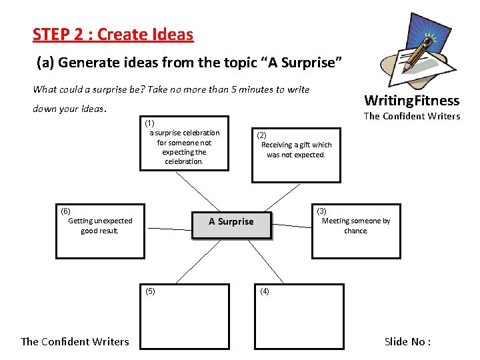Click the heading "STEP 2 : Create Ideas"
113,34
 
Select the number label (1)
149,123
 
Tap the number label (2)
262,135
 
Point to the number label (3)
321,211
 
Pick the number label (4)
265,291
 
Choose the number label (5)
150,291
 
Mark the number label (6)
65,211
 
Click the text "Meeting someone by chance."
356,226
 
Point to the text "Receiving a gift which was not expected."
296,150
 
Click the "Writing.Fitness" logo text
411,101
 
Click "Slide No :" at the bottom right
407,341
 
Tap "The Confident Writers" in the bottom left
75,341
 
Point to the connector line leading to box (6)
169,227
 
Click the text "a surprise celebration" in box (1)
184,133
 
